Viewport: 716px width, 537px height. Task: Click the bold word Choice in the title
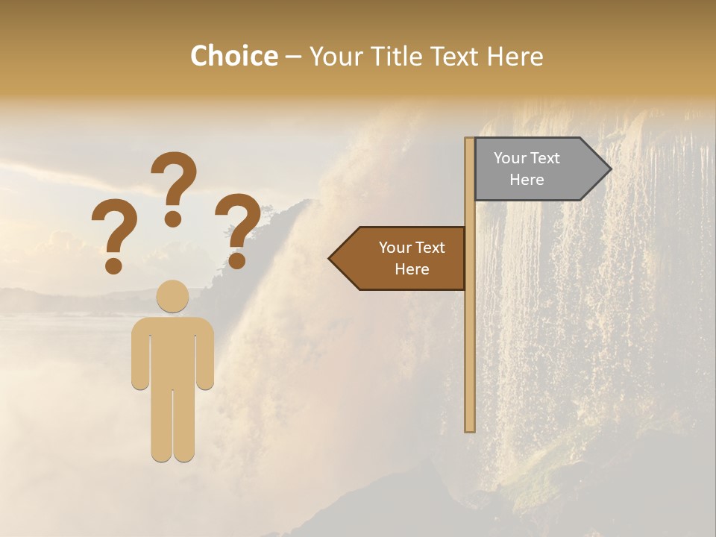233,56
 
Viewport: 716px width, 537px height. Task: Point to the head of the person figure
172,296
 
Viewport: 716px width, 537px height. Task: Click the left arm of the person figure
140,354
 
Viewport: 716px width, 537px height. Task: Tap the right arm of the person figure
205,354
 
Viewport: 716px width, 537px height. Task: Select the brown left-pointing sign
403,258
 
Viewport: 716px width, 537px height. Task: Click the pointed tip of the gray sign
609,169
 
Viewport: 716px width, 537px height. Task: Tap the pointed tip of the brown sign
330,259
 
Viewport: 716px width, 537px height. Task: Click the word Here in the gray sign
527,180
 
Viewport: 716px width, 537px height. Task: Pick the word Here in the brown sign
412,269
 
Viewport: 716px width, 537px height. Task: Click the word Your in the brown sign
395,248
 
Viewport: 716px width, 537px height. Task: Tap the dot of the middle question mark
173,219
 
